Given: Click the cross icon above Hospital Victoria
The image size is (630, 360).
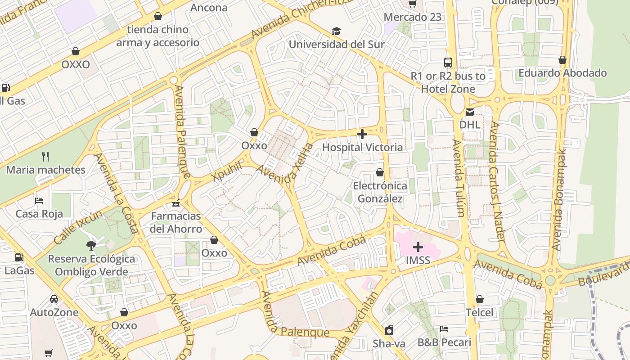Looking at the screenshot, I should coord(362,134).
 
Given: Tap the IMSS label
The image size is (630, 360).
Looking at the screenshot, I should coord(418,260).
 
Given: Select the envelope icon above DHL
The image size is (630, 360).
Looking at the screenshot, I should coord(470,112).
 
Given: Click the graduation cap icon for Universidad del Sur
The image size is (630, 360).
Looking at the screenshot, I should coord(336,31).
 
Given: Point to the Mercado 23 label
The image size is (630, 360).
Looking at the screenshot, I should coord(412,17).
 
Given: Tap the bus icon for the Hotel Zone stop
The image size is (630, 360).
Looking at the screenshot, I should coord(448,63).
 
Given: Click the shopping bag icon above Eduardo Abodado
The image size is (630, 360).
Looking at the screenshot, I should coord(562,60).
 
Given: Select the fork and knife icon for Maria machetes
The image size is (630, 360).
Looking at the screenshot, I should coord(45,157).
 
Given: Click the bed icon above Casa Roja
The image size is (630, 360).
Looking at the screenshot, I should coord(39,200).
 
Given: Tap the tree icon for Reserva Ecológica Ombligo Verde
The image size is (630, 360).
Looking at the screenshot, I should coord(91,246).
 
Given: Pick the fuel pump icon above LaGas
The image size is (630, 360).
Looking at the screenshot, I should coord(19,257).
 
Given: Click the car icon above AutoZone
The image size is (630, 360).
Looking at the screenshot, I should coord(54,299).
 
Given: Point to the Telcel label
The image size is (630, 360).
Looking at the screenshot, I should coord(479,312).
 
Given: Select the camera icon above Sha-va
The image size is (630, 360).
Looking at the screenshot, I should coord(389,330).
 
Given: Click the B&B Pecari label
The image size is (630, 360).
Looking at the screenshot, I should coord(444,342).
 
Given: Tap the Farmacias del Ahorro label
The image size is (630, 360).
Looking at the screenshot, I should coord(176,222).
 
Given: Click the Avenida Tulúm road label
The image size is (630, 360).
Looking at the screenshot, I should coord(458,178).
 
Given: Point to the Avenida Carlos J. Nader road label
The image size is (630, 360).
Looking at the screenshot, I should coord(497,181).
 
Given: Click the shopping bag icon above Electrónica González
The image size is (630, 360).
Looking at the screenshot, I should coord(380,172).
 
